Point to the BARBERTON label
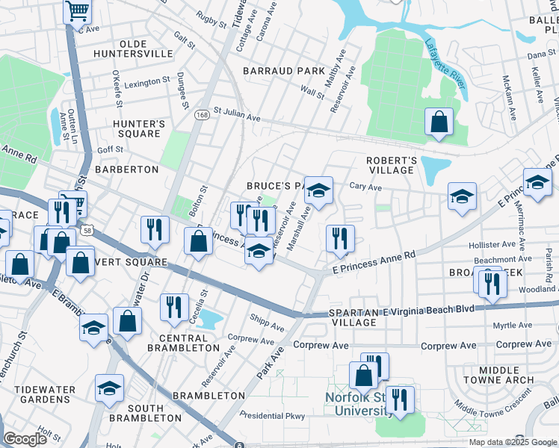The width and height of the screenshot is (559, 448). [x=126, y=169]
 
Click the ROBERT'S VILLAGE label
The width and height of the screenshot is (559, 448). [x=391, y=165]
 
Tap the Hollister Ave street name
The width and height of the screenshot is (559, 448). [x=492, y=244]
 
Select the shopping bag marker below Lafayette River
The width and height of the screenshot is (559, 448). [x=439, y=121]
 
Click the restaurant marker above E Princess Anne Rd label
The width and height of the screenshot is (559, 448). [x=340, y=238]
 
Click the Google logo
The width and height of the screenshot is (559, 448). [x=25, y=439]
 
